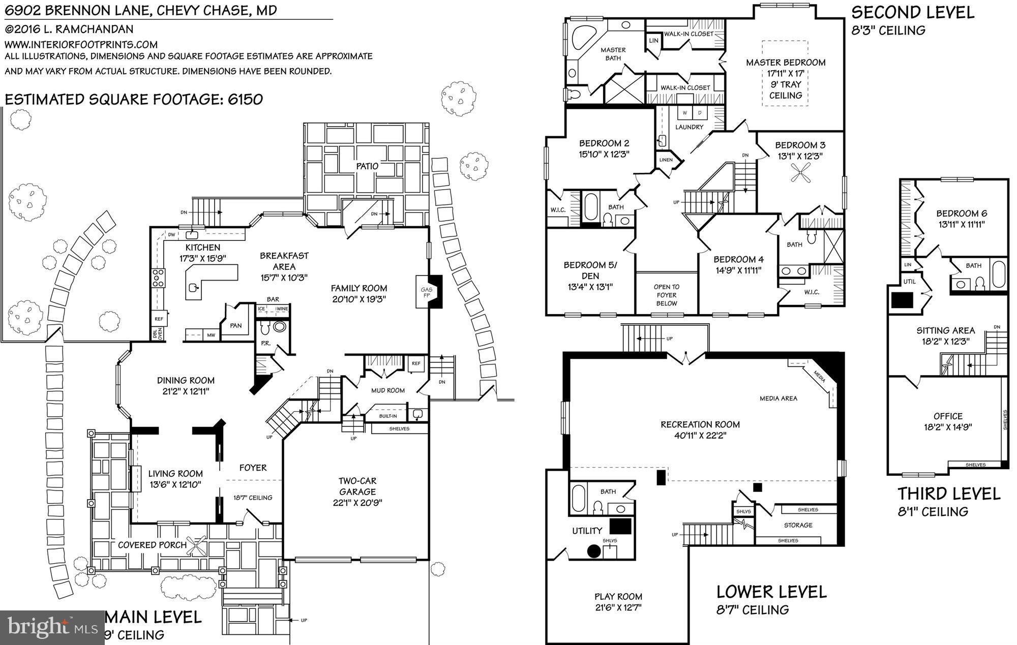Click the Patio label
[x=367, y=166]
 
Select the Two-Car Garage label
[x=357, y=486]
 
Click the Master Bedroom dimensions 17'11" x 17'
[x=785, y=74]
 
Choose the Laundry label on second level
[x=689, y=127]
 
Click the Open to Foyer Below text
[x=666, y=295]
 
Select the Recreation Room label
[x=700, y=424]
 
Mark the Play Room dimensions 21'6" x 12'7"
[x=618, y=607]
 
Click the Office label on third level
[x=948, y=416]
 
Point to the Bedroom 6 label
[x=962, y=213]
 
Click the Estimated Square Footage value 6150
[x=245, y=99]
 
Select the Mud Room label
[x=387, y=390]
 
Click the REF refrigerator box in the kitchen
[x=159, y=319]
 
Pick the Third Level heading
[x=948, y=494]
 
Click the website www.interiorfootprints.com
[x=81, y=45]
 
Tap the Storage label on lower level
[x=798, y=525]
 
